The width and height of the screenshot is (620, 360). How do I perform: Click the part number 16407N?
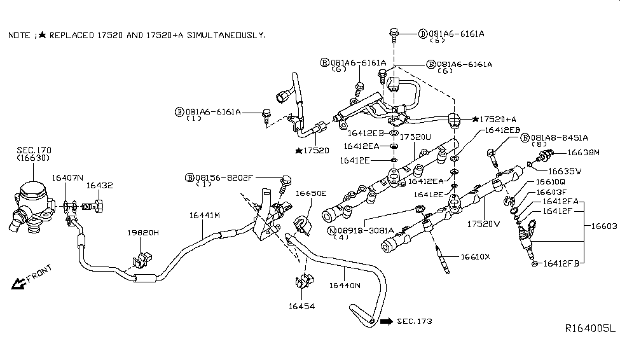[x=67, y=177]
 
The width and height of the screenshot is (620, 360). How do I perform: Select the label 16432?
[x=100, y=185]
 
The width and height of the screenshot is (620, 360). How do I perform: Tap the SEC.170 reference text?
[x=34, y=150]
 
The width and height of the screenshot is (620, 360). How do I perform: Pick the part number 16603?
[x=605, y=226]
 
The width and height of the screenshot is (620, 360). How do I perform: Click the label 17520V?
[x=485, y=225]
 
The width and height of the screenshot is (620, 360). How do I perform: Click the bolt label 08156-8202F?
[x=223, y=177]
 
